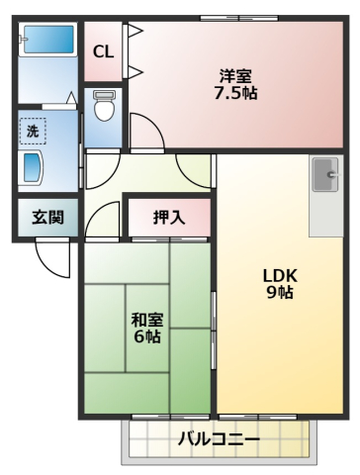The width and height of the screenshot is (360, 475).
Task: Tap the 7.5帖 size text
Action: tap(238, 95)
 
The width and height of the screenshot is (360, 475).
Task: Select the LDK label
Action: tap(279, 274)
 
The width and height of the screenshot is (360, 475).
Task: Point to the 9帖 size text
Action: tap(279, 293)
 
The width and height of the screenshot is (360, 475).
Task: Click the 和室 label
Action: tap(147, 319)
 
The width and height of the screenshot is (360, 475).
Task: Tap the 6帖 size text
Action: tap(147, 336)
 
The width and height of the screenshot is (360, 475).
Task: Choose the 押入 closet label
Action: tap(169, 218)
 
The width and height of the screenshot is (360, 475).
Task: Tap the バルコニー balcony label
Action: tap(219, 438)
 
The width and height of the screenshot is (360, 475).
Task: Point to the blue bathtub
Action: tap(47, 42)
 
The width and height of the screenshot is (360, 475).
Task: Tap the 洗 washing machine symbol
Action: tap(33, 130)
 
